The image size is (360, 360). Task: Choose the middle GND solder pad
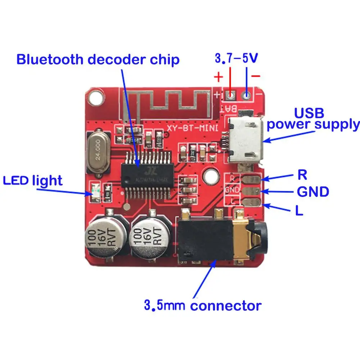pyautogui.click(x=251, y=190)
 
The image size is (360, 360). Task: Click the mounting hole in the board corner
pyautogui.click(x=96, y=96)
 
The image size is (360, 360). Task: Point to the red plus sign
pyautogui.click(x=218, y=77)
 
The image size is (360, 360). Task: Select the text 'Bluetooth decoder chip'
pyautogui.click(x=98, y=59)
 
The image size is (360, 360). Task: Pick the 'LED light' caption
pyautogui.click(x=33, y=180)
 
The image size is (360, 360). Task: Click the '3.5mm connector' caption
pyautogui.click(x=202, y=306)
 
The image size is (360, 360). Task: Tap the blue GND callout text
pyautogui.click(x=313, y=192)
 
